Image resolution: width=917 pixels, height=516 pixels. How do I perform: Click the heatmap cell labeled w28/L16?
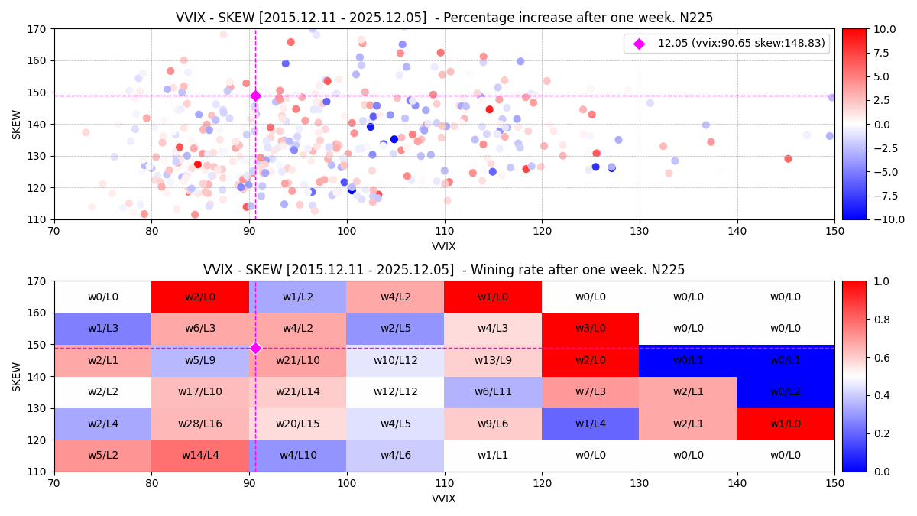click(200, 424)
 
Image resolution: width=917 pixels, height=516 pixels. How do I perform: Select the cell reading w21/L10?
click(298, 360)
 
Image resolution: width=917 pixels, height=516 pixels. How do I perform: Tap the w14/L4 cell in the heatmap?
click(200, 456)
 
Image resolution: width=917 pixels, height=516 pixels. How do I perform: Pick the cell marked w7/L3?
click(590, 392)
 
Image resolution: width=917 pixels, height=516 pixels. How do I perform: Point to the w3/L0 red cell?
click(590, 328)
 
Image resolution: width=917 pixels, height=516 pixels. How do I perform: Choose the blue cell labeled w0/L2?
click(785, 392)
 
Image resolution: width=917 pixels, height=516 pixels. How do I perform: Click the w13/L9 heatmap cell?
click(493, 360)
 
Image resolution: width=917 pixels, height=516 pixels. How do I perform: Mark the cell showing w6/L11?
click(493, 392)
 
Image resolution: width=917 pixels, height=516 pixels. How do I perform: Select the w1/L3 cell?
click(102, 328)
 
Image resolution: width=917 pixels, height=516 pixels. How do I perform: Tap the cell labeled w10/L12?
click(395, 360)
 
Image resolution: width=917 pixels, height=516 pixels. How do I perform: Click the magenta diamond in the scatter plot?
click(255, 96)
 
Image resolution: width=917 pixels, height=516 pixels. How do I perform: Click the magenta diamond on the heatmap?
click(255, 348)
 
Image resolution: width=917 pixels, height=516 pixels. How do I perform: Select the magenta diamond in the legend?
click(639, 44)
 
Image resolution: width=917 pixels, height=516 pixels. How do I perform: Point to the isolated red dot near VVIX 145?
click(788, 159)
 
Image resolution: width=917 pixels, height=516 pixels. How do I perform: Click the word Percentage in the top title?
click(498, 18)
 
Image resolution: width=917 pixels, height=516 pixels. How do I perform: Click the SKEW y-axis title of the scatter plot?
click(17, 124)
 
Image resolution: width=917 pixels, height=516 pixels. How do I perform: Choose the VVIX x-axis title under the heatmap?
click(444, 498)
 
